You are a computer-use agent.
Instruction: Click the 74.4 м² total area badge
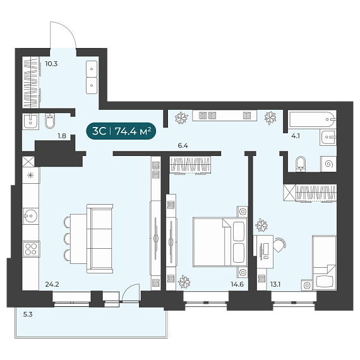[121, 131]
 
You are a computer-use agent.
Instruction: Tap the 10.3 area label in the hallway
[51, 64]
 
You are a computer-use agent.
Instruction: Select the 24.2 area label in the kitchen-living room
[52, 284]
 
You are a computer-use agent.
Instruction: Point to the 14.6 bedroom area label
[237, 284]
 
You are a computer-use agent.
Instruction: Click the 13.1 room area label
[275, 284]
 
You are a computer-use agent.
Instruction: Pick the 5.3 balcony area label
[28, 315]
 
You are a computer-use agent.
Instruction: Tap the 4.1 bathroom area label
[296, 136]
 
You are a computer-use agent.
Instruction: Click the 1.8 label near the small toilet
[62, 136]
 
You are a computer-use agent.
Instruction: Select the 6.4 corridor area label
[183, 145]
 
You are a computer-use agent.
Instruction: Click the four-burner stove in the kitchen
[31, 249]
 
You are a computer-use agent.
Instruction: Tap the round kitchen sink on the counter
[30, 216]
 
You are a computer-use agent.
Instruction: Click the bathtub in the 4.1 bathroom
[312, 119]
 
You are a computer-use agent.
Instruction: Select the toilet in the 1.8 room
[50, 120]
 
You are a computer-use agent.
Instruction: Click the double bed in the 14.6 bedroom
[220, 242]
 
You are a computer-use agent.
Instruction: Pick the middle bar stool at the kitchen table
[67, 239]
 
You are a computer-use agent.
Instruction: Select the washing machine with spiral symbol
[328, 164]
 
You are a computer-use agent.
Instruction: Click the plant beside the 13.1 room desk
[261, 225]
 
